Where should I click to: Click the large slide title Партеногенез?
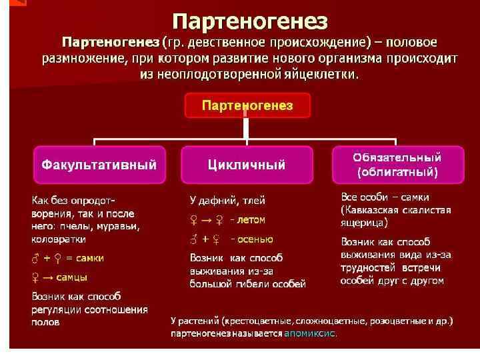tap(250, 21)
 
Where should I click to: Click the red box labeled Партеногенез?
tap(247, 105)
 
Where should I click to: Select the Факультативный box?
tap(99, 164)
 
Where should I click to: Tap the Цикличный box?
tap(247, 164)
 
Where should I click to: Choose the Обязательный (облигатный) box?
tap(397, 165)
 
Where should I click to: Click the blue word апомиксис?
tap(311, 333)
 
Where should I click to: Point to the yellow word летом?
tap(251, 219)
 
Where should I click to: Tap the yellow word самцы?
tap(71, 277)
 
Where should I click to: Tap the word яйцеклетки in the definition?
tap(323, 74)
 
